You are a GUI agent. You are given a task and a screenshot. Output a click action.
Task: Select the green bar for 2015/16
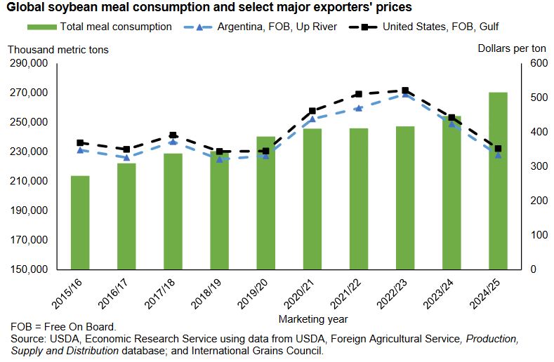point(80,222)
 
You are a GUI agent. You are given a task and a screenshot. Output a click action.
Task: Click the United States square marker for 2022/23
point(405,90)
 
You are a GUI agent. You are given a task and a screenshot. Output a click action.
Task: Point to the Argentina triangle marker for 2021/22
point(359,108)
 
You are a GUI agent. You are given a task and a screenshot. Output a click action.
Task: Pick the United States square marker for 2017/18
point(173,135)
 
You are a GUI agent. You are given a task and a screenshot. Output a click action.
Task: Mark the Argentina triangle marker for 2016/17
point(126,157)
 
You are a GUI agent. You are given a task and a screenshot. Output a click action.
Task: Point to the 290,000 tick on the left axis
point(28,63)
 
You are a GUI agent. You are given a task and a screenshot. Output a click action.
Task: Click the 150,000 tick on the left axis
point(28,269)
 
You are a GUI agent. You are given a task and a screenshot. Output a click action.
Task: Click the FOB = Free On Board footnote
point(63,328)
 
